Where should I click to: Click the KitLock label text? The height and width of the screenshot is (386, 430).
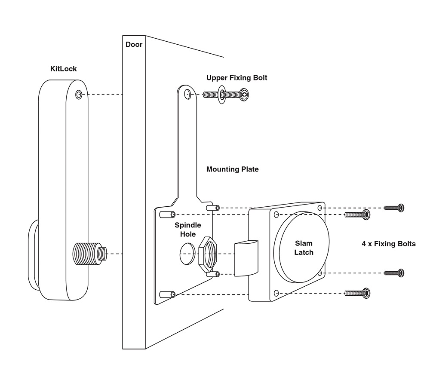tap(63, 69)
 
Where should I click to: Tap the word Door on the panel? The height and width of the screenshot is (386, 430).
tap(134, 44)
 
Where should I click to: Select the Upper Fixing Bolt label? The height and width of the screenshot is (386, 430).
tap(236, 78)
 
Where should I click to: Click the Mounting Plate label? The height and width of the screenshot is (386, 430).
tap(232, 169)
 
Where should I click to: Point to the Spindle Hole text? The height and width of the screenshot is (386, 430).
tap(187, 230)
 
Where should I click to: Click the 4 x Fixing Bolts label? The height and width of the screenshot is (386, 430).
tap(389, 244)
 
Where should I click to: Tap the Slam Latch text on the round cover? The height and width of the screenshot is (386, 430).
tap(304, 248)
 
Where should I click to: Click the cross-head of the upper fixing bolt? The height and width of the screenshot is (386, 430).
tap(245, 94)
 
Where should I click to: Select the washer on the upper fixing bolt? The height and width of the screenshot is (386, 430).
tap(221, 95)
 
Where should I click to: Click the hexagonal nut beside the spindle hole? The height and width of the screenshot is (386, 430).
tap(209, 254)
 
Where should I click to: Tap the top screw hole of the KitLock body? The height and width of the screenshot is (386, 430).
tap(78, 95)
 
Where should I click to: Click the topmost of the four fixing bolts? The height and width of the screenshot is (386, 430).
tap(394, 208)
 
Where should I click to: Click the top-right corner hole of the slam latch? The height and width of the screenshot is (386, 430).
tap(320, 208)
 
